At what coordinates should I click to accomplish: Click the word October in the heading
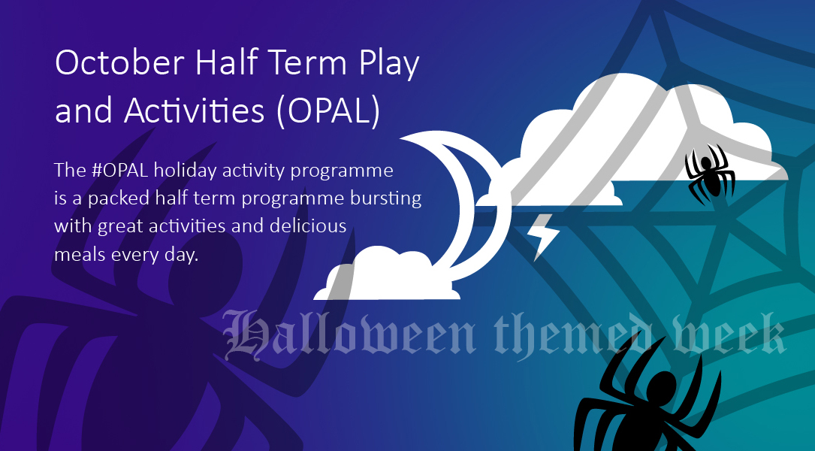point(119,62)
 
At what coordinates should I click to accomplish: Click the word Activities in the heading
point(195,110)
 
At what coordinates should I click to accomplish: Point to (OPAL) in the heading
point(328,111)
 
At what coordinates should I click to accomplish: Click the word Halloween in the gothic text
point(349,334)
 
